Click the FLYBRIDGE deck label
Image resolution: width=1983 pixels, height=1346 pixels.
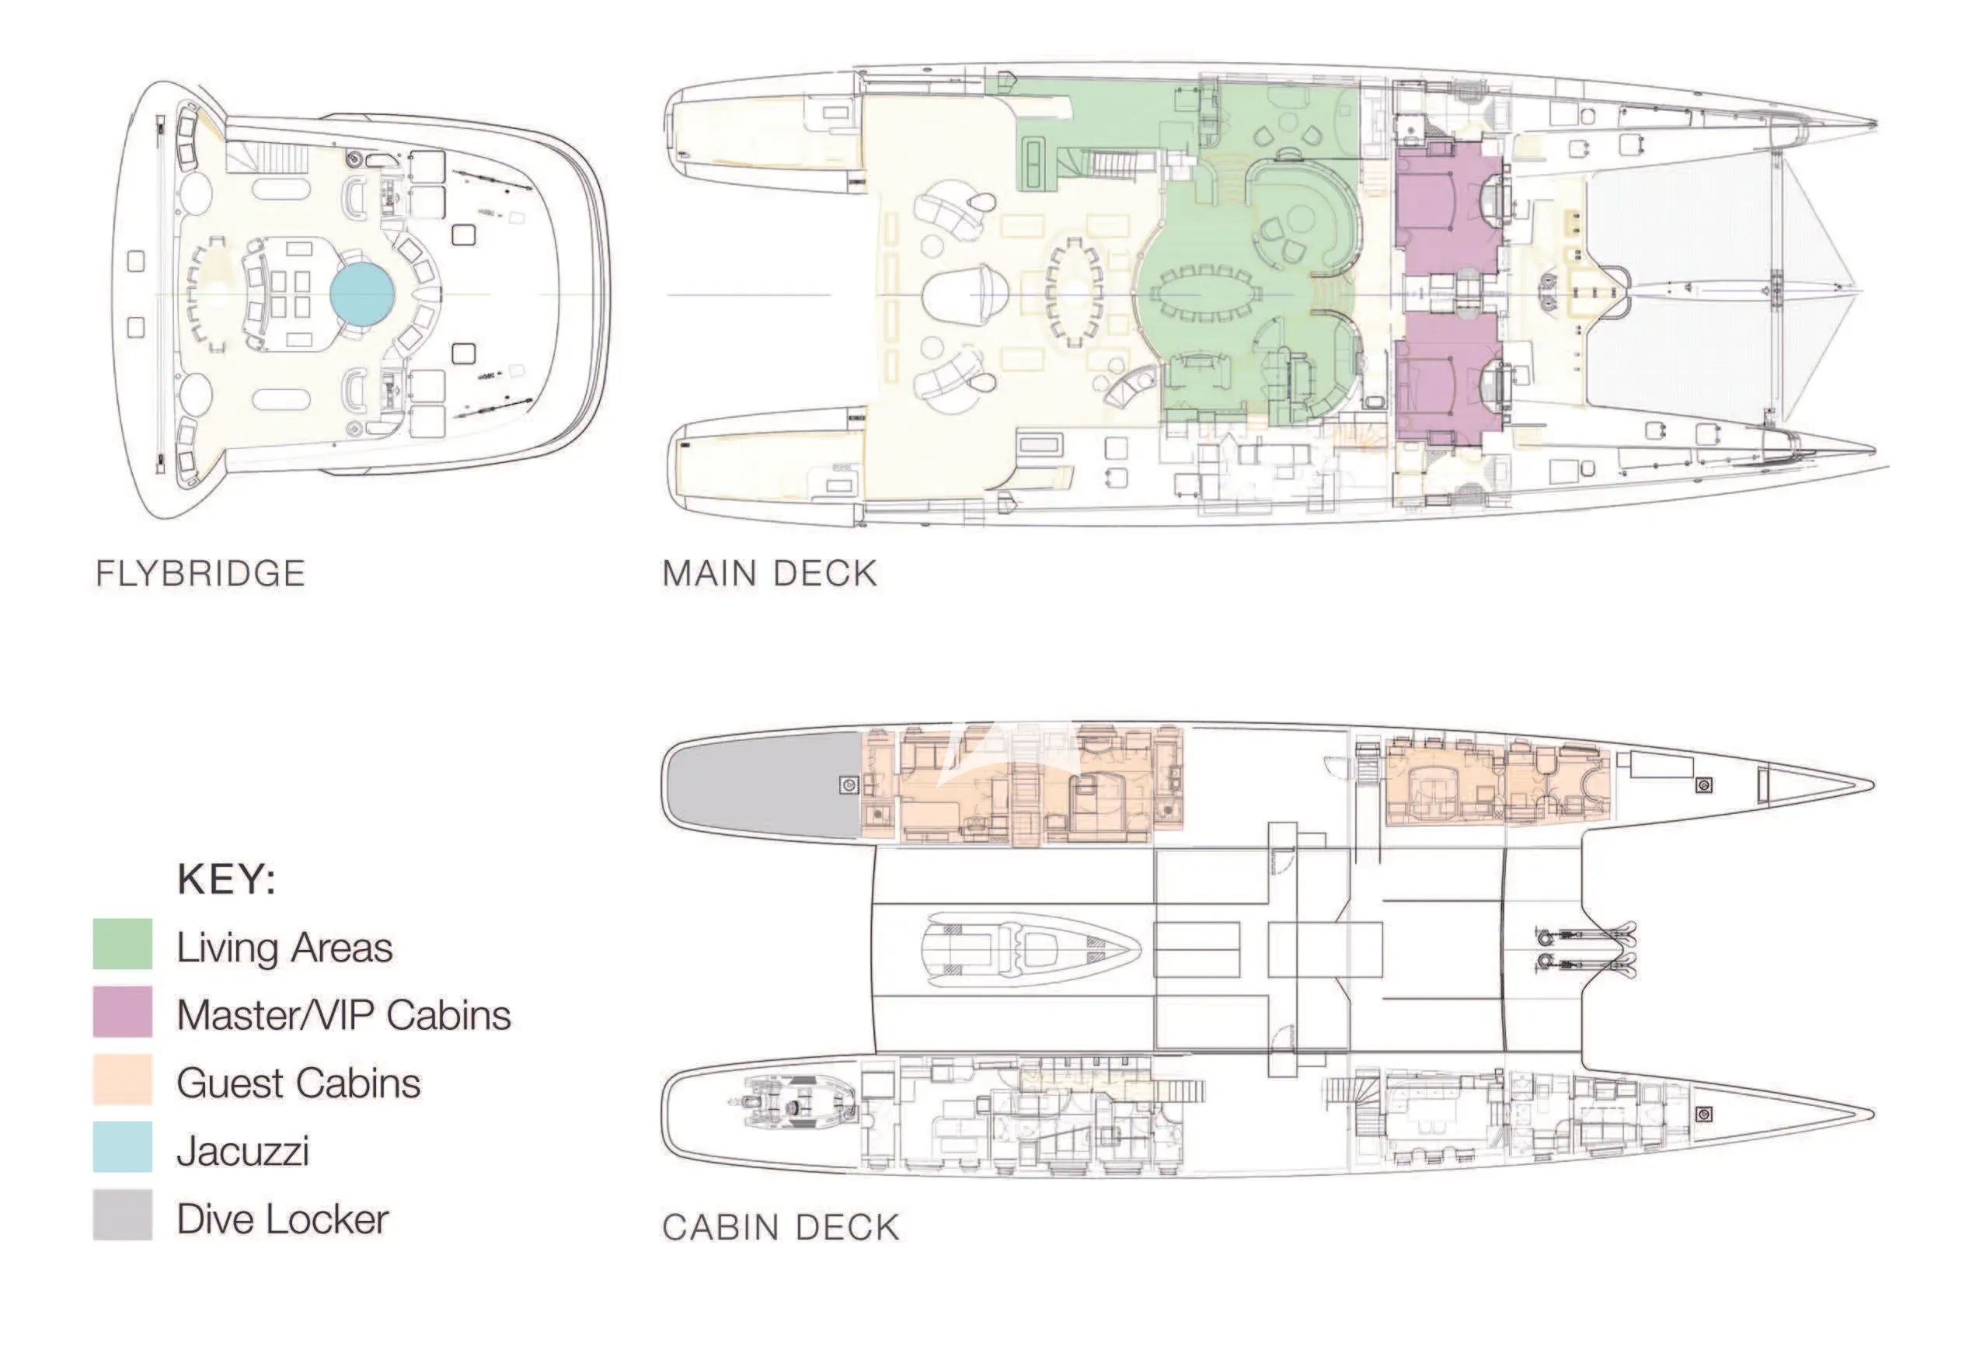click(200, 574)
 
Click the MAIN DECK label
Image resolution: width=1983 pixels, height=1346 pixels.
click(769, 574)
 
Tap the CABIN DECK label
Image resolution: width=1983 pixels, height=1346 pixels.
click(781, 1227)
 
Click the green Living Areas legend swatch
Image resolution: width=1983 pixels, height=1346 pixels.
click(123, 944)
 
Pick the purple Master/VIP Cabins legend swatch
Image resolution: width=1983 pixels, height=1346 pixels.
click(123, 1011)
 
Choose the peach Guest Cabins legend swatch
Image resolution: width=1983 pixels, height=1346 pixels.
click(123, 1080)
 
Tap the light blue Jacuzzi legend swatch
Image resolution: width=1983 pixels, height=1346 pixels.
click(123, 1147)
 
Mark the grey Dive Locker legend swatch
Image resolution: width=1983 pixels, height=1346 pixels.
click(123, 1215)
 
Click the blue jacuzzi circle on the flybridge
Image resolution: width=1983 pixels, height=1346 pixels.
click(362, 294)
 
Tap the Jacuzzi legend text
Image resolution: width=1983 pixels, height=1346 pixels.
click(243, 1152)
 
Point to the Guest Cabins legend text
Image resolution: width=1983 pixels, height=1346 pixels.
click(298, 1083)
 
